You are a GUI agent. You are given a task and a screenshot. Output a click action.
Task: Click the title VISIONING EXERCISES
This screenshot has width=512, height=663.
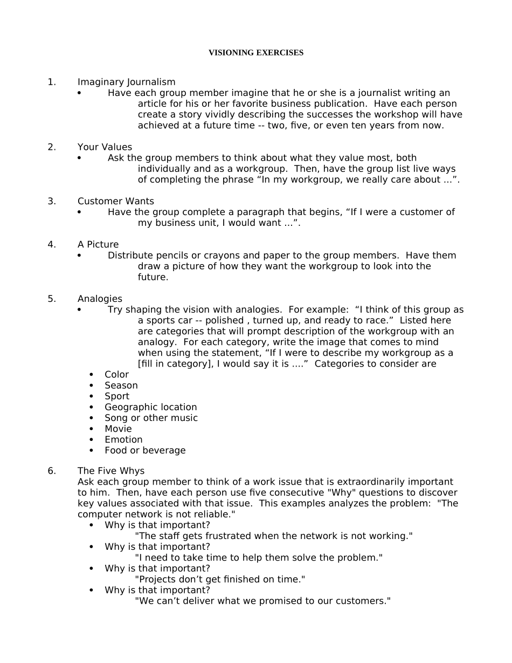click(x=256, y=53)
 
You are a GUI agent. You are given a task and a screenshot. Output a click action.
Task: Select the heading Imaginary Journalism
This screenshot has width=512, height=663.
click(x=126, y=82)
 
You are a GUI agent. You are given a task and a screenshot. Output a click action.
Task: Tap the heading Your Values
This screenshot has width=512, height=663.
click(x=105, y=147)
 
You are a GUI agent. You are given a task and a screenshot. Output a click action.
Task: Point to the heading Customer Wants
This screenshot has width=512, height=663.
click(x=115, y=201)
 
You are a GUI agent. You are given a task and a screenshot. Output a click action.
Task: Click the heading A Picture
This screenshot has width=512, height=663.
click(x=98, y=245)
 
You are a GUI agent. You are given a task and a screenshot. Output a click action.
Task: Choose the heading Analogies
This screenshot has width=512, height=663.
click(x=100, y=299)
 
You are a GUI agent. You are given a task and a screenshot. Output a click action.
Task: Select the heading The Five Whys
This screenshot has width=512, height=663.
click(x=111, y=471)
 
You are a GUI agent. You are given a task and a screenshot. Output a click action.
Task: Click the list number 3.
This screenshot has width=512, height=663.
click(x=52, y=201)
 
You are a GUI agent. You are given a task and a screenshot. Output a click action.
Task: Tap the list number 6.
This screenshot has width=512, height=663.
click(x=52, y=471)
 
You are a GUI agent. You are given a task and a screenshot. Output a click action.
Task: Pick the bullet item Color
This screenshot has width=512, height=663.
click(x=116, y=375)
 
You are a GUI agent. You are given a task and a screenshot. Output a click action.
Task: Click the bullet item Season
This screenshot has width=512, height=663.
click(x=121, y=385)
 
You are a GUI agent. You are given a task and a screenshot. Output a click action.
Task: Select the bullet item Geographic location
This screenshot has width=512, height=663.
click(x=151, y=407)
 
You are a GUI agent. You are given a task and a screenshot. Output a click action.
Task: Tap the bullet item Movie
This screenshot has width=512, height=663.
click(x=118, y=429)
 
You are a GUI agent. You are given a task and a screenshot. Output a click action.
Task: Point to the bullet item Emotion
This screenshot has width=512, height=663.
click(x=123, y=439)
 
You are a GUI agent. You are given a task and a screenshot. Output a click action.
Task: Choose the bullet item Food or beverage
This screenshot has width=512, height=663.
click(x=145, y=450)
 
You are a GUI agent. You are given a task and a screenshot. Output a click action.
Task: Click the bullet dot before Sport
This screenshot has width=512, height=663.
click(x=92, y=396)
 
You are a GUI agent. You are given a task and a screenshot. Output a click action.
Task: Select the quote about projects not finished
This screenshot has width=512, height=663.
click(x=220, y=579)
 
